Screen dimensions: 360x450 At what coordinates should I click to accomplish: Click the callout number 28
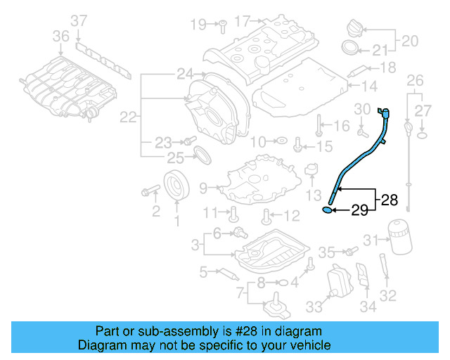389,200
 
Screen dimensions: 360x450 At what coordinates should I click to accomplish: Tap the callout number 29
359,210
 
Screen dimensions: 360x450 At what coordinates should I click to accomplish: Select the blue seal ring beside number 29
328,209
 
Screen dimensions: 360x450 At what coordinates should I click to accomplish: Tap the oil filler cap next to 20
354,30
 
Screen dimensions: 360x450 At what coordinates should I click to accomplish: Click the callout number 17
242,22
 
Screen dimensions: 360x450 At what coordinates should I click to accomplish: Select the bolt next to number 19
219,25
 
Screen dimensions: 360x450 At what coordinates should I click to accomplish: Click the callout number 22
128,118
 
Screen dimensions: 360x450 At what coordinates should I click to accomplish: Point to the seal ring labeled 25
201,154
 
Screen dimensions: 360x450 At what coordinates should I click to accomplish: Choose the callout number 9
203,188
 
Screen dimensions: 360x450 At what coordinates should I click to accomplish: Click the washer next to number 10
280,141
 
